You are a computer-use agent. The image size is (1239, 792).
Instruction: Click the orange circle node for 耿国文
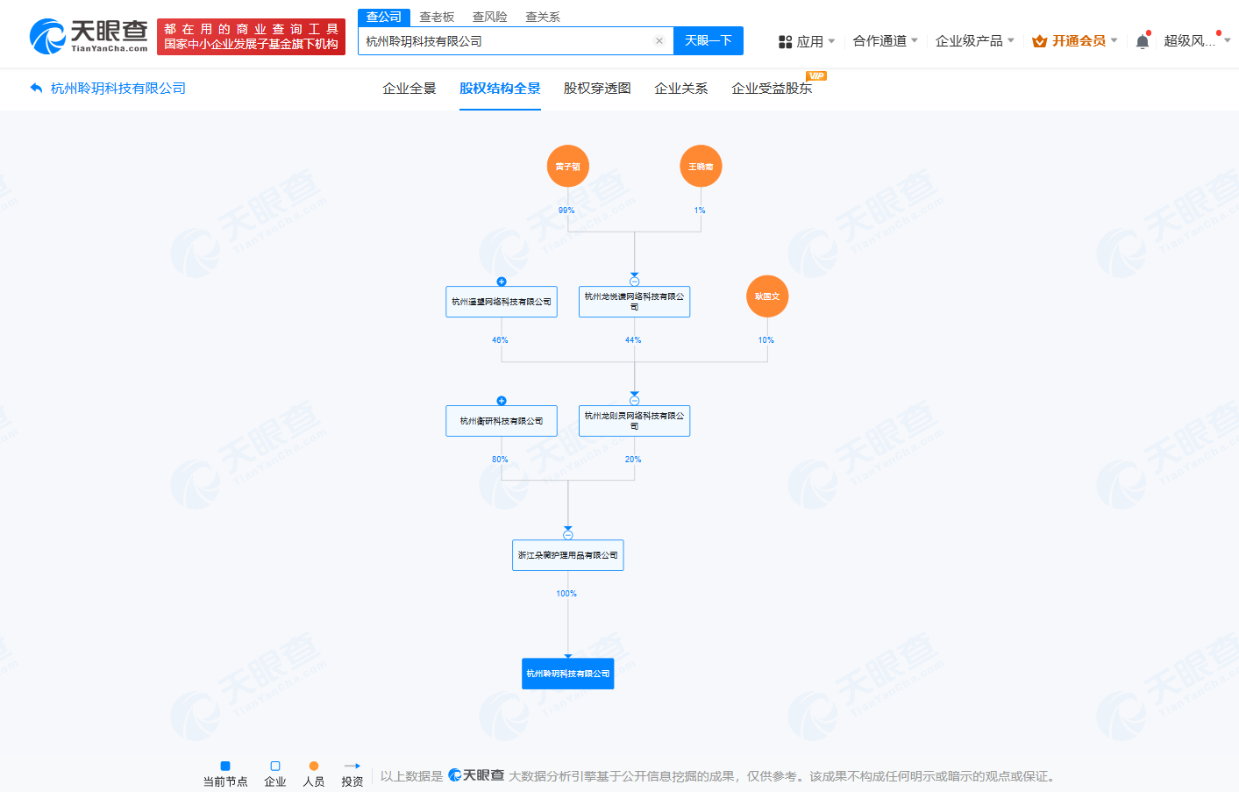tap(767, 296)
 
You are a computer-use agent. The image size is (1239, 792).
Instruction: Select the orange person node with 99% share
tap(568, 166)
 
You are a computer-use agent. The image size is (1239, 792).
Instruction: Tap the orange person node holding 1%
tap(701, 166)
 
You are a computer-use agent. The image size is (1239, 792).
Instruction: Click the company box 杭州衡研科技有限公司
tap(502, 421)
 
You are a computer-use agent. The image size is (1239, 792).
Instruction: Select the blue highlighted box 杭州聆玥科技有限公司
tap(567, 674)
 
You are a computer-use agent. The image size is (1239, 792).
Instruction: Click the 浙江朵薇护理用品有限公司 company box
tap(567, 555)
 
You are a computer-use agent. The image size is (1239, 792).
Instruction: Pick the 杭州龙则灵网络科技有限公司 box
tap(634, 420)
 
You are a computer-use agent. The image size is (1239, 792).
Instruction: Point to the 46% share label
tap(500, 340)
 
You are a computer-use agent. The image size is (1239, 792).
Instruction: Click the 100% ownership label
tap(566, 594)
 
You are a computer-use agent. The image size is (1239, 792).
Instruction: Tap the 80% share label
tap(500, 460)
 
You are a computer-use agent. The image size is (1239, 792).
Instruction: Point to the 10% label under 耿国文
tap(766, 340)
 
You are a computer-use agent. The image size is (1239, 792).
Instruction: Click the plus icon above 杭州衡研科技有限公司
tap(502, 401)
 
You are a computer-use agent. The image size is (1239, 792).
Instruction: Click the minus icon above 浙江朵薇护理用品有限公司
tap(568, 535)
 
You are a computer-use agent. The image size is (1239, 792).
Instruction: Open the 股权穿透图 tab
tap(597, 89)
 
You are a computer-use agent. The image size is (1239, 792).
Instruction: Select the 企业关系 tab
tap(680, 89)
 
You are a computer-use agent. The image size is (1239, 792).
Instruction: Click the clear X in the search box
tap(659, 41)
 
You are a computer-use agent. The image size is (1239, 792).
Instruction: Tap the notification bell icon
tap(1142, 41)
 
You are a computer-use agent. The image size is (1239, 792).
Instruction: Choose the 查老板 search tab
tap(437, 17)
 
